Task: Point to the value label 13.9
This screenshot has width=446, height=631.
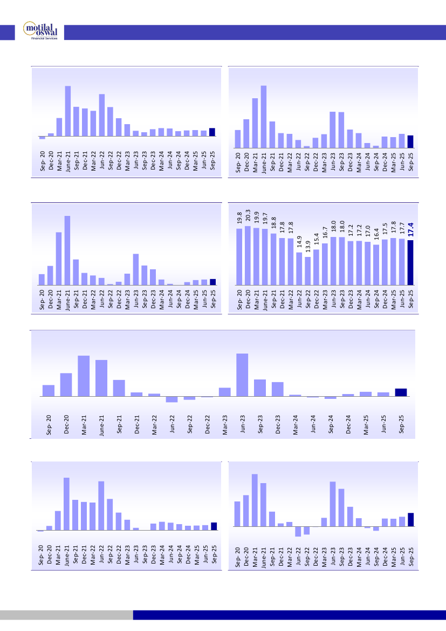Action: [308, 247]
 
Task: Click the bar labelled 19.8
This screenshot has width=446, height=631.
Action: [239, 256]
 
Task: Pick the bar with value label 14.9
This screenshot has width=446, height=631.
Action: [299, 268]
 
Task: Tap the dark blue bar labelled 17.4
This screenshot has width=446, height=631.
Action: [410, 262]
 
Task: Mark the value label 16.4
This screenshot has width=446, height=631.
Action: [376, 236]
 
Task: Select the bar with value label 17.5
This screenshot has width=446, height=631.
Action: [385, 262]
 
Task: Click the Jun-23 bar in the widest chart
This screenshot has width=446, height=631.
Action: [242, 375]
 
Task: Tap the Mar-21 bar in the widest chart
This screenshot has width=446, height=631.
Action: [84, 376]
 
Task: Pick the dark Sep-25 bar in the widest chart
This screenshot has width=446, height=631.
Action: [401, 392]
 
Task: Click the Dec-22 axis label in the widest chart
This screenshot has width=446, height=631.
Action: [207, 424]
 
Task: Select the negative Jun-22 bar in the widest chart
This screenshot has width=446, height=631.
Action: [171, 399]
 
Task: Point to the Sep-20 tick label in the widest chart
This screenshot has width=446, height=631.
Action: [49, 424]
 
